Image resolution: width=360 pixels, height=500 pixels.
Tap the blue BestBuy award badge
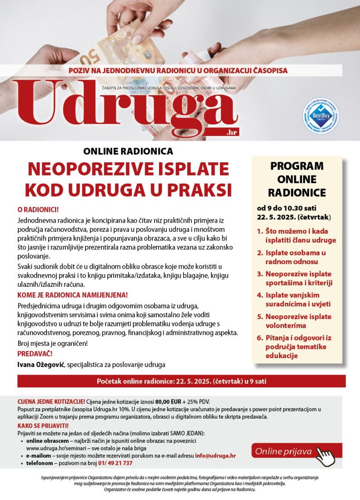(321, 116)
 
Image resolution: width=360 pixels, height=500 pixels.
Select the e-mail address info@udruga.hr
(215, 455)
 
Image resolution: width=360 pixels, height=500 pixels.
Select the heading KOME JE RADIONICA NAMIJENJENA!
(73, 295)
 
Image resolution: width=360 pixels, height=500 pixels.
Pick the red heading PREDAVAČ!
(35, 353)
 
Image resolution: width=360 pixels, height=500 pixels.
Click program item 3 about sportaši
(298, 278)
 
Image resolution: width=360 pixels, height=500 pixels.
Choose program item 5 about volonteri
(298, 321)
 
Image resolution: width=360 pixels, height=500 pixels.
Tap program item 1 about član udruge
(300, 235)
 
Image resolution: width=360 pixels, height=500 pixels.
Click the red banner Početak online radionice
(181, 381)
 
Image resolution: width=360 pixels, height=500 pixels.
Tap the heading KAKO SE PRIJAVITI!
(43, 425)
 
